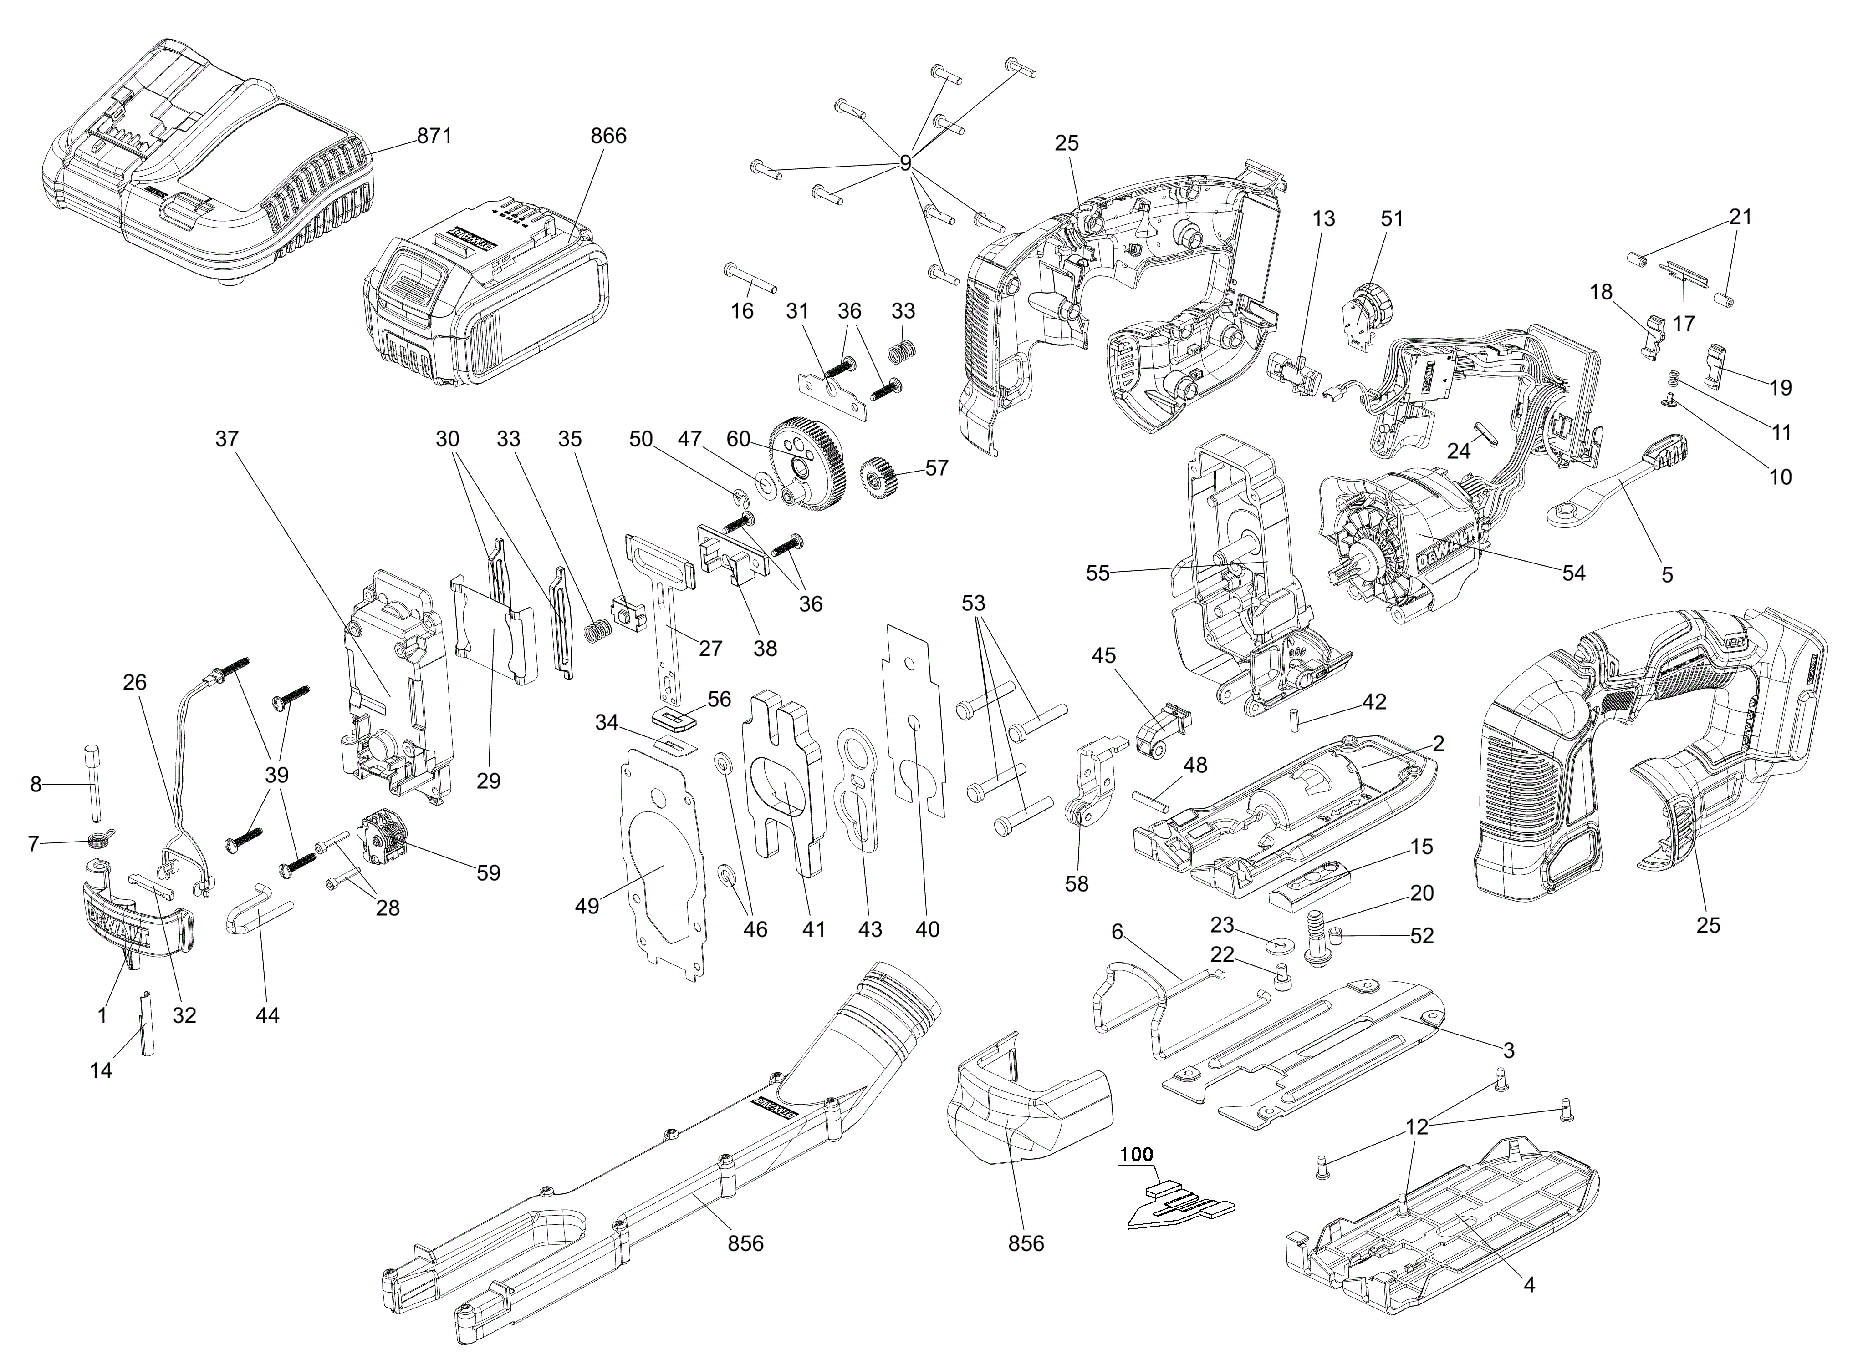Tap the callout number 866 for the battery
pyautogui.click(x=609, y=136)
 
